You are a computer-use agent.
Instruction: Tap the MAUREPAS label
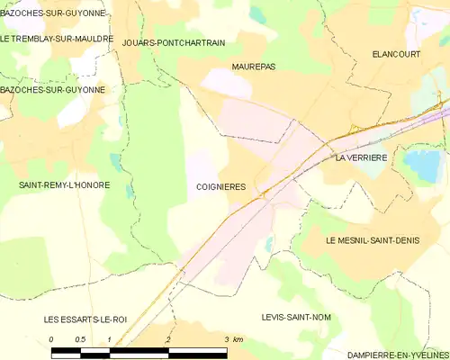[253, 67]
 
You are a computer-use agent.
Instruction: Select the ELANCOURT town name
[397, 55]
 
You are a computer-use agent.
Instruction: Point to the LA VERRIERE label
[360, 157]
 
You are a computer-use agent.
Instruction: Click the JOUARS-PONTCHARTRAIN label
[173, 42]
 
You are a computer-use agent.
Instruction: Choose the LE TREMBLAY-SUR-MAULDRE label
[57, 39]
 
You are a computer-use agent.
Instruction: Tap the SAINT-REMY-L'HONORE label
[58, 184]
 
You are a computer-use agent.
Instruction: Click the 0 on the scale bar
[51, 338]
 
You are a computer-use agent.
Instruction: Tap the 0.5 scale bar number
[80, 338]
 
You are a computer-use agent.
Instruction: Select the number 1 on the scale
[109, 338]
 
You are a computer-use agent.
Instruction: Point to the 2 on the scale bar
[168, 338]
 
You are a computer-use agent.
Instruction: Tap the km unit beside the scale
[238, 338]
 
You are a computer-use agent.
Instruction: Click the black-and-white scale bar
[139, 352]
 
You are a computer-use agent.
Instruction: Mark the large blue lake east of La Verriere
[421, 164]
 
